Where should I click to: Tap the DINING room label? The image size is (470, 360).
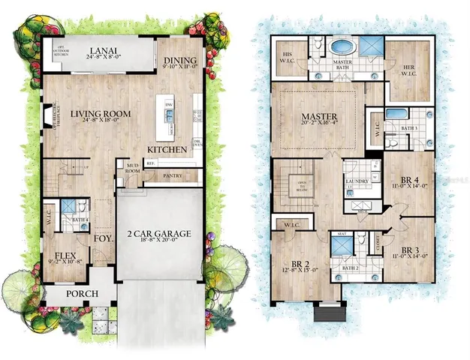[181, 61]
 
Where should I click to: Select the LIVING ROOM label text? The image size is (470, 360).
[101, 114]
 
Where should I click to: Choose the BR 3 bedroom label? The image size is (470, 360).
[408, 249]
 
